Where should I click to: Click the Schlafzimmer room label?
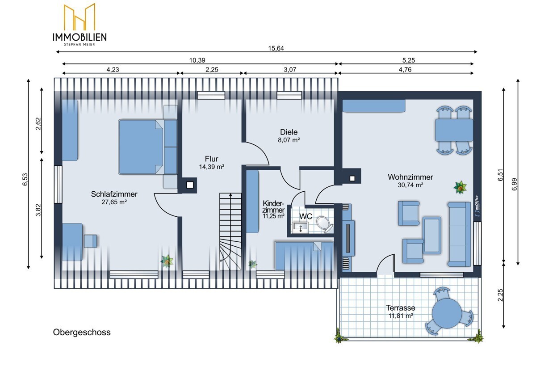pyautogui.click(x=114, y=194)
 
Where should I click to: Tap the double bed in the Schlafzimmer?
pyautogui.click(x=141, y=147)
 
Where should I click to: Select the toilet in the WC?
pyautogui.click(x=324, y=224)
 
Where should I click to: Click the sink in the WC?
pyautogui.click(x=300, y=227)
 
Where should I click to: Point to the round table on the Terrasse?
pyautogui.click(x=447, y=313)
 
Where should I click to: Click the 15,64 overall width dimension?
pyautogui.click(x=276, y=48)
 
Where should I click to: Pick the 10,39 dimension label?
pyautogui.click(x=197, y=60)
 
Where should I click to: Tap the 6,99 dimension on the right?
pyautogui.click(x=515, y=184)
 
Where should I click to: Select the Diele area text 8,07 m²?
pyautogui.click(x=289, y=140)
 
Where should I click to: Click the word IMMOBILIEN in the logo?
pyautogui.click(x=80, y=37)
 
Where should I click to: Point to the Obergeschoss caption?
pyautogui.click(x=82, y=333)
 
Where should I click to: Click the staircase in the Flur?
pyautogui.click(x=230, y=232)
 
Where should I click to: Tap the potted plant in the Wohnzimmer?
pyautogui.click(x=460, y=187)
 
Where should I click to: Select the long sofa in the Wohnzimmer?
pyautogui.click(x=459, y=234)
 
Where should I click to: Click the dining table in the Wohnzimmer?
pyautogui.click(x=454, y=130)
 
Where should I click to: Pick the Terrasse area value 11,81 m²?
pyautogui.click(x=401, y=316)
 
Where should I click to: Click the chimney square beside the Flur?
pyautogui.click(x=190, y=185)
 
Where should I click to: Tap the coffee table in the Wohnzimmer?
pyautogui.click(x=431, y=236)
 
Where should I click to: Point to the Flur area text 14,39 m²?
pyautogui.click(x=212, y=167)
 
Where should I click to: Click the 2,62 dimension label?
pyautogui.click(x=38, y=124)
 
